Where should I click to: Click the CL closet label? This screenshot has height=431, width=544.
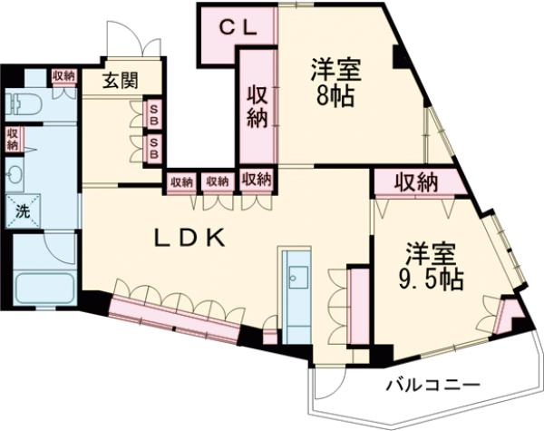241,27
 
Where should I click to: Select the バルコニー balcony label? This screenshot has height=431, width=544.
432,384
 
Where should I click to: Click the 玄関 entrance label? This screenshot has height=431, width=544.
119,80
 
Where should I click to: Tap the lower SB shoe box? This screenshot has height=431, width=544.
153,147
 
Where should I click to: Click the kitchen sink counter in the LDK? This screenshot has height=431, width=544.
296,280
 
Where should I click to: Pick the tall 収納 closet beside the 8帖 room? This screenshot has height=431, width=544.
257,108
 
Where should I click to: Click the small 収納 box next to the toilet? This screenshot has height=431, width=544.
63,76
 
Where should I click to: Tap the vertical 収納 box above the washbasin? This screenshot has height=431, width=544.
12,139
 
